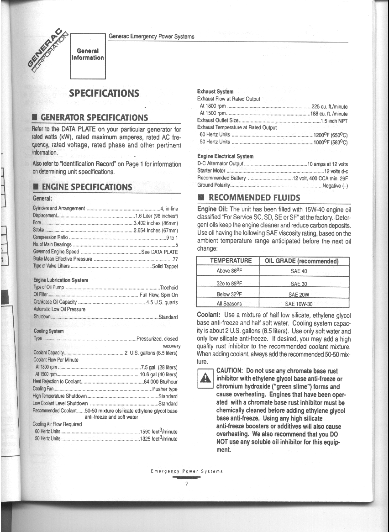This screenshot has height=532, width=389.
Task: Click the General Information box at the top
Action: pos(88,54)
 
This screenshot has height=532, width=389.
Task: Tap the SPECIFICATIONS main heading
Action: pos(104,94)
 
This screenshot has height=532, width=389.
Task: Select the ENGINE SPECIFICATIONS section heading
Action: pos(87,187)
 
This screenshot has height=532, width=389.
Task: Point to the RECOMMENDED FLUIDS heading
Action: pos(254,198)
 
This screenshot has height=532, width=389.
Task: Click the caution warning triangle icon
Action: pos(205,377)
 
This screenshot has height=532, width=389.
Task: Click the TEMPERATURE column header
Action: pos(231,261)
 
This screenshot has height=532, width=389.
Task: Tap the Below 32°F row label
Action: pos(229,294)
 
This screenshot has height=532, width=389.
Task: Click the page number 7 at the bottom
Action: pos(187,485)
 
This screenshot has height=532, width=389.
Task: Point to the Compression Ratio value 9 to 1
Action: pos(172,238)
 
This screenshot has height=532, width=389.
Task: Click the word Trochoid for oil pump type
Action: pos(168,288)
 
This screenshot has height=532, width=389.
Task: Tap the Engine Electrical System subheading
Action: pos(225,157)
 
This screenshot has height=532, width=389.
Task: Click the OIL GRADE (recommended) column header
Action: pos(301,261)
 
